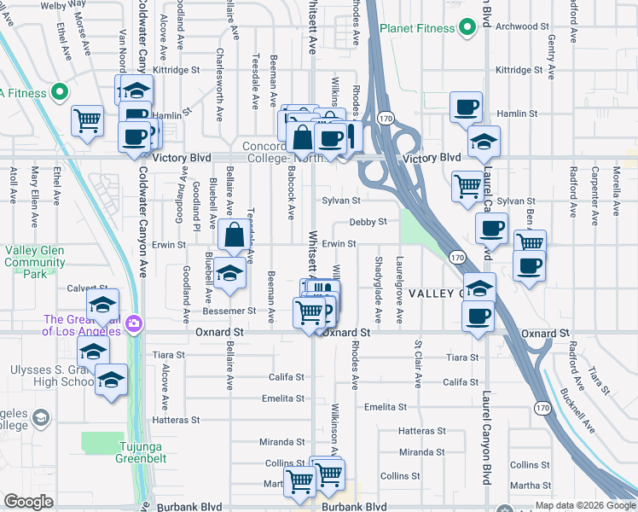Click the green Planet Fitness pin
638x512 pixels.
point(467,28)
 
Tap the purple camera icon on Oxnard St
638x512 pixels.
point(133,324)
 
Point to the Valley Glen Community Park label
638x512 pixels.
point(34,262)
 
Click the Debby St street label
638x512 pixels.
point(368,222)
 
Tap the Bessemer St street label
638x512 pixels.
point(240,311)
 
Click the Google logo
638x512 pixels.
point(28,502)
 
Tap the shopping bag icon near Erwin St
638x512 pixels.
point(234,234)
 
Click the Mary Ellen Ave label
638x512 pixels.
point(35,196)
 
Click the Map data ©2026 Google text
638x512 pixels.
point(585,505)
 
